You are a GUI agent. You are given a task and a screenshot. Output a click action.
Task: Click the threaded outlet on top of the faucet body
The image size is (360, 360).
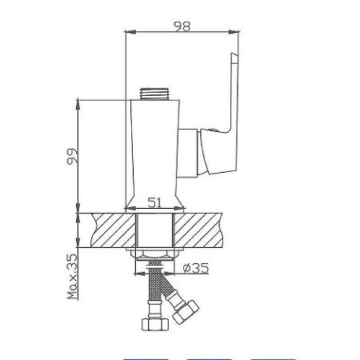click(x=154, y=93)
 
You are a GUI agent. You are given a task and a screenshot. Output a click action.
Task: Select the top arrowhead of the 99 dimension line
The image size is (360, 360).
click(x=78, y=101)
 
